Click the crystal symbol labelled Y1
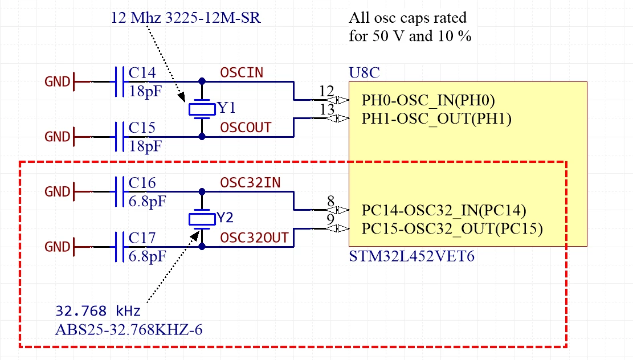(202, 109)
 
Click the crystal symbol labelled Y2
(202, 219)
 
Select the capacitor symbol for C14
(120, 81)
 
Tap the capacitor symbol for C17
(120, 247)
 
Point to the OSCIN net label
(242, 73)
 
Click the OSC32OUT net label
(254, 238)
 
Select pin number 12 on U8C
(326, 91)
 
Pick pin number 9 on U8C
(330, 219)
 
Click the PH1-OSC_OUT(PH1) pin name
(436, 118)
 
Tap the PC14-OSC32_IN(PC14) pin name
(444, 210)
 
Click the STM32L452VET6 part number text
(412, 257)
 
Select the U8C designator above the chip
(364, 73)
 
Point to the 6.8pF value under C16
(147, 202)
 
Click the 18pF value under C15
(145, 146)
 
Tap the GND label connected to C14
(58, 82)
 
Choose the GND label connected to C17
(58, 247)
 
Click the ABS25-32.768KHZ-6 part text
(129, 330)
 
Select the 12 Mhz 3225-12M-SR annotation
(186, 18)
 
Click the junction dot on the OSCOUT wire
(202, 137)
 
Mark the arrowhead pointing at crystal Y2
(195, 236)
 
